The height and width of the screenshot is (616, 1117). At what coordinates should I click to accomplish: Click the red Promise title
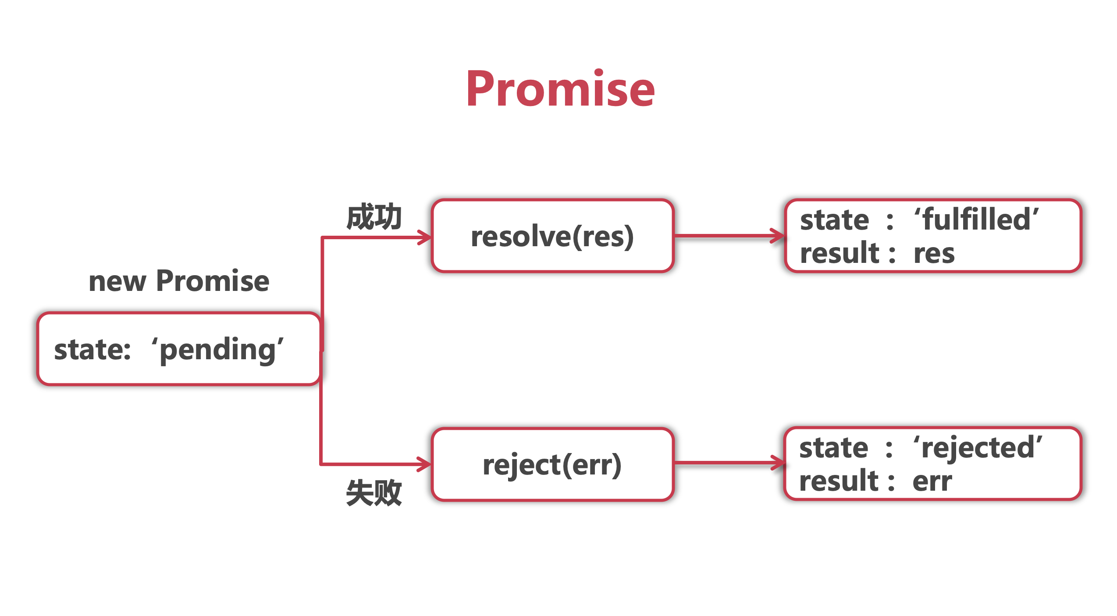pos(560,89)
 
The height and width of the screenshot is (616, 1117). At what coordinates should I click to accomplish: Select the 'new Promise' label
pos(179,280)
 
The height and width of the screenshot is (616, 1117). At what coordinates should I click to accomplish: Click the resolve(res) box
pos(552,236)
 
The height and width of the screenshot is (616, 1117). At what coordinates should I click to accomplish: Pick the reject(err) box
pos(552,464)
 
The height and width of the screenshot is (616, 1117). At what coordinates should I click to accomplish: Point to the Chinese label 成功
pos(374,216)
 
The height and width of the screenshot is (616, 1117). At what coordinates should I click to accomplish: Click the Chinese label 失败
pos(374,492)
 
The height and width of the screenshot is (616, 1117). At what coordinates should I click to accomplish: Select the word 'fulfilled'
pos(977,219)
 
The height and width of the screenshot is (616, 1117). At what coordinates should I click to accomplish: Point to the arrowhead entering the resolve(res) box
pos(425,237)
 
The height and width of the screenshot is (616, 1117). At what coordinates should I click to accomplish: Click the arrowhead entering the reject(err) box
pos(424,464)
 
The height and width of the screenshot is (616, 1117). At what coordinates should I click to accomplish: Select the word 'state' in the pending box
pos(92,350)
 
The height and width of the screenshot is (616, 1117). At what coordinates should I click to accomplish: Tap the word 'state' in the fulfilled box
pos(835,219)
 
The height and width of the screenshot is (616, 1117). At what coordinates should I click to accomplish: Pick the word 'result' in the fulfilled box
pos(840,253)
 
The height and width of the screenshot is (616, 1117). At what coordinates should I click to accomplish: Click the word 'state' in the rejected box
pos(834,448)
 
